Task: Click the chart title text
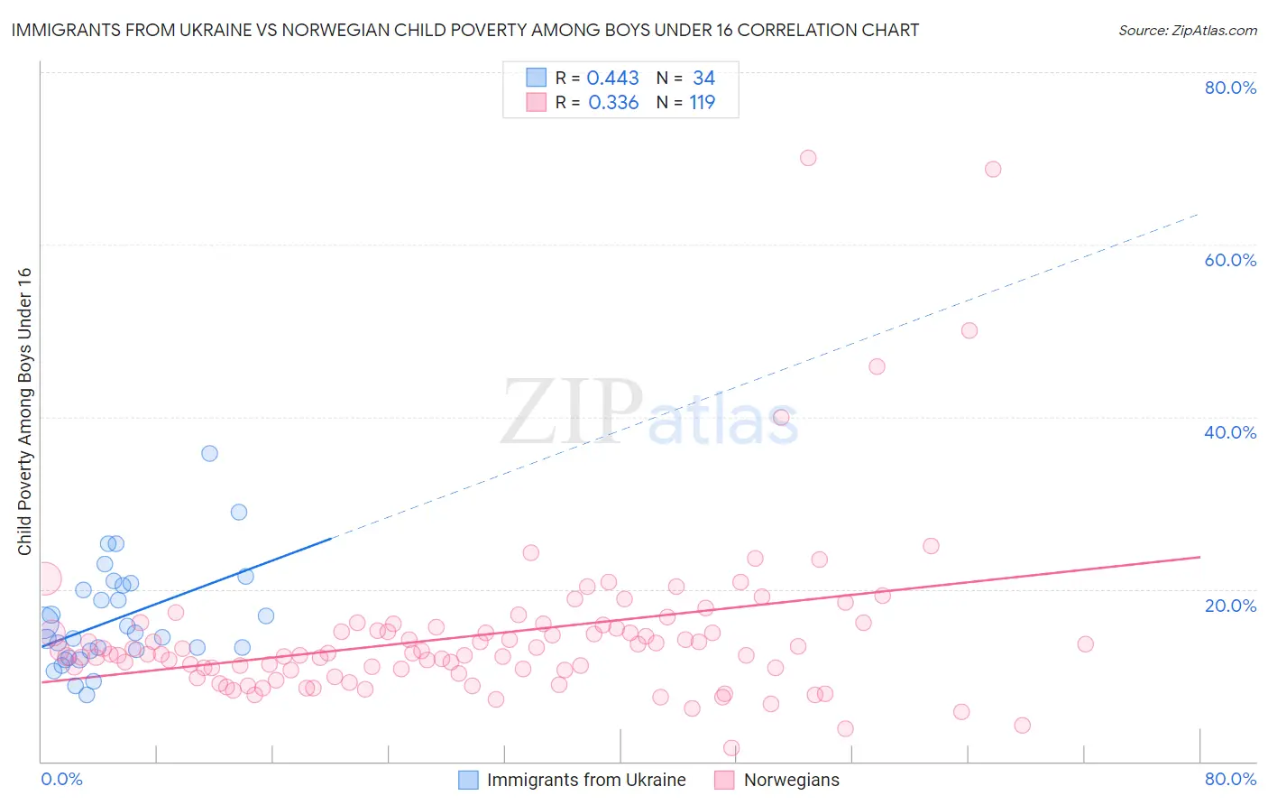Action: (x=465, y=30)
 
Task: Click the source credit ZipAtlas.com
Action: (x=1187, y=30)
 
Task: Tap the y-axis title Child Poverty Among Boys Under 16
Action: (x=24, y=412)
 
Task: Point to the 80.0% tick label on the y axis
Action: (x=1230, y=88)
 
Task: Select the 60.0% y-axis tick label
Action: (x=1230, y=260)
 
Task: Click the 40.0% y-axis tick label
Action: (x=1230, y=432)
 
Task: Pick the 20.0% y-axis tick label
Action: (x=1230, y=605)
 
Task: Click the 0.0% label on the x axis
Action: (x=61, y=779)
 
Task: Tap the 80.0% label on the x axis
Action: (x=1230, y=779)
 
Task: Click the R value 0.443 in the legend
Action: (x=613, y=79)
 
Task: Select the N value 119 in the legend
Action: (x=703, y=103)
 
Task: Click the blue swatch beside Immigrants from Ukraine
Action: (x=468, y=780)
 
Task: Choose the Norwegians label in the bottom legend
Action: (x=791, y=780)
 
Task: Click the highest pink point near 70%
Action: (x=808, y=158)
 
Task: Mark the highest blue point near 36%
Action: (x=209, y=453)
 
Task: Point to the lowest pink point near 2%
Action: (x=731, y=748)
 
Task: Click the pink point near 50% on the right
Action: (x=969, y=330)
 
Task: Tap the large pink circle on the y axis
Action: (x=45, y=578)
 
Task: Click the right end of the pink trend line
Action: (x=1199, y=557)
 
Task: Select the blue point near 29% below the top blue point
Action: (x=239, y=512)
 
